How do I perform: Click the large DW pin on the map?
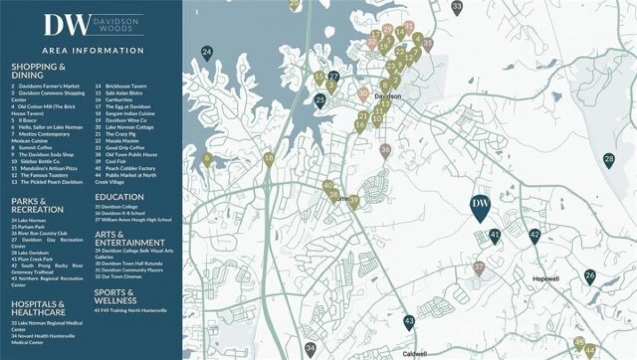click(480, 206)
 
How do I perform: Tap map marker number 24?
click(207, 53)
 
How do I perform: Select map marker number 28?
click(609, 159)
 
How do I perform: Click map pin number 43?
click(409, 321)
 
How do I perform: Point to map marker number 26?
click(590, 276)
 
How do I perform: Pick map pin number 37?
click(479, 267)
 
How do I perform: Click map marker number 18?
click(269, 158)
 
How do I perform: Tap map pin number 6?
click(207, 158)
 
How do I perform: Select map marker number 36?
click(385, 150)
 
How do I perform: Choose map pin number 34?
click(311, 349)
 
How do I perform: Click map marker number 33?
click(457, 7)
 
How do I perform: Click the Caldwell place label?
click(415, 354)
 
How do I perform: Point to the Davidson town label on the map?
click(387, 97)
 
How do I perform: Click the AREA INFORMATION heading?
click(93, 50)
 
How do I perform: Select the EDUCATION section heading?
click(119, 196)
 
